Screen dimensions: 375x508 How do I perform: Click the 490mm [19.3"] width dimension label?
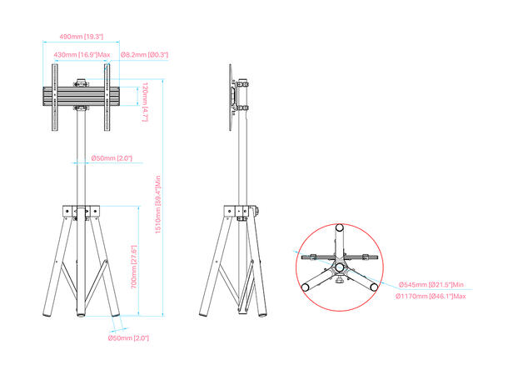(x=81, y=37)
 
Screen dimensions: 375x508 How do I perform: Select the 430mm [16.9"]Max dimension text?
(x=75, y=54)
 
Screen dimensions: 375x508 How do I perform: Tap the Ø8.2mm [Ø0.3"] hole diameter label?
(x=145, y=54)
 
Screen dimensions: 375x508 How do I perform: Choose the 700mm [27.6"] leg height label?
(x=132, y=264)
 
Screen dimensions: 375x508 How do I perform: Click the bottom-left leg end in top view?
(x=308, y=285)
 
